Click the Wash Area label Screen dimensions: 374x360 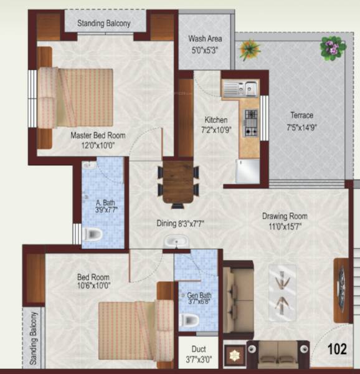coord(204,39)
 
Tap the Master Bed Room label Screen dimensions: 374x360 coord(98,135)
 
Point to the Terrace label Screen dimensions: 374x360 coord(301,115)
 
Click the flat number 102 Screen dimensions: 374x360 coord(337,350)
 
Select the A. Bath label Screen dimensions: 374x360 coord(105,203)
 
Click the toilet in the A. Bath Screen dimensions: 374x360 coord(93,234)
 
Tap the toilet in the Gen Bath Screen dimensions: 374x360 coord(190,321)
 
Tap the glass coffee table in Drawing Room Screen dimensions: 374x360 coord(282,288)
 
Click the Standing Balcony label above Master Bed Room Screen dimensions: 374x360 coord(104,24)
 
